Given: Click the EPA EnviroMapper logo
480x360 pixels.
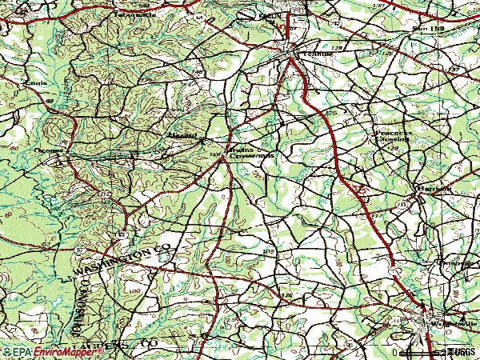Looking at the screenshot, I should click(x=40, y=351).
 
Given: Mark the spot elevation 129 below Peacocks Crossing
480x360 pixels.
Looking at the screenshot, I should click(x=395, y=149).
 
